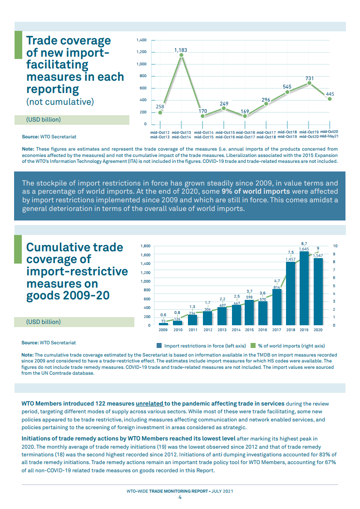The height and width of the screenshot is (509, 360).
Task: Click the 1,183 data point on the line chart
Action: coord(181,55)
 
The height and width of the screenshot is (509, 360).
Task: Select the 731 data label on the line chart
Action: coord(310,78)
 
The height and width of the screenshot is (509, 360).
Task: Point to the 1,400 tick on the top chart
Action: coord(141,40)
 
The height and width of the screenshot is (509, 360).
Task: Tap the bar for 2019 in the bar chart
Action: coord(304,291)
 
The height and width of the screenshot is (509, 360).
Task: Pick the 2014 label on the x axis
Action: coord(236,330)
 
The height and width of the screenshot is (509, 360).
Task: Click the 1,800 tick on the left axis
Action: coord(145,246)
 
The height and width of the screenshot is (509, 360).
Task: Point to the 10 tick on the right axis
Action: coord(335,246)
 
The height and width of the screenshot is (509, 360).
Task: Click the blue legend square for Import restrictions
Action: coord(159,345)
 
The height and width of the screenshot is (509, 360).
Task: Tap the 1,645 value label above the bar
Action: coord(304,249)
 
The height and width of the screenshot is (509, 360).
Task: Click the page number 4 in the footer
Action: coord(180,497)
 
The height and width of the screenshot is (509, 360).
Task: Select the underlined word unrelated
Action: coord(149,403)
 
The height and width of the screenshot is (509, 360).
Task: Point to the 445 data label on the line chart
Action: coord(330,94)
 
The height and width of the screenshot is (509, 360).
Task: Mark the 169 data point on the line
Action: coord(245,116)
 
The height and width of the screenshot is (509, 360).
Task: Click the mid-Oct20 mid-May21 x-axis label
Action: coord(329,134)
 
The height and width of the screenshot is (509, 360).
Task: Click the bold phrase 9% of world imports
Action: coord(256,192)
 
